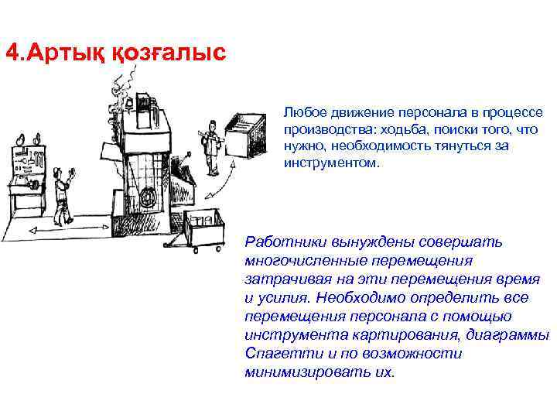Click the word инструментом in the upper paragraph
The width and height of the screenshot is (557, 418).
coord(326,163)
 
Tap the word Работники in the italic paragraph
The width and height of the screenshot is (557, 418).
coord(283,242)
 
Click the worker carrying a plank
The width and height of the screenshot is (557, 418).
coord(210,147)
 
